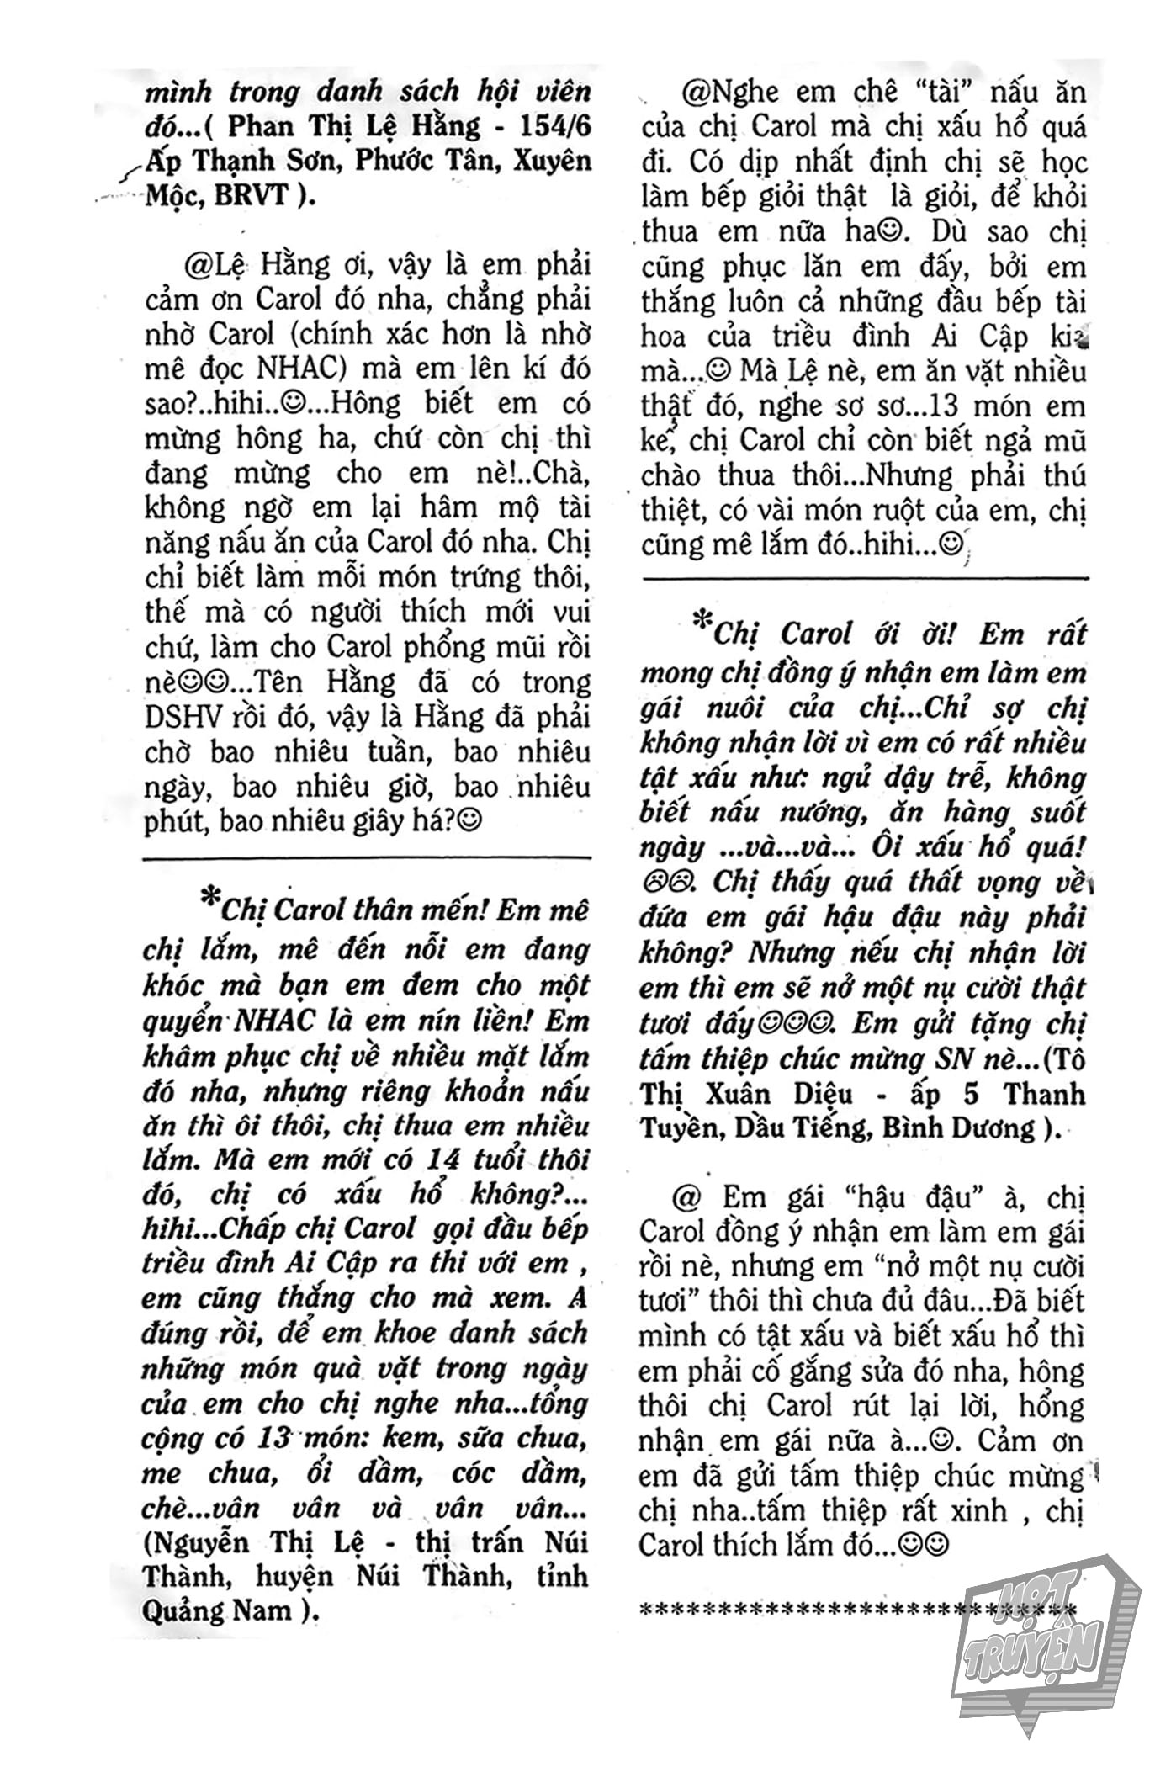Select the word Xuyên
[550, 161]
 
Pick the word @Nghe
[729, 92]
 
